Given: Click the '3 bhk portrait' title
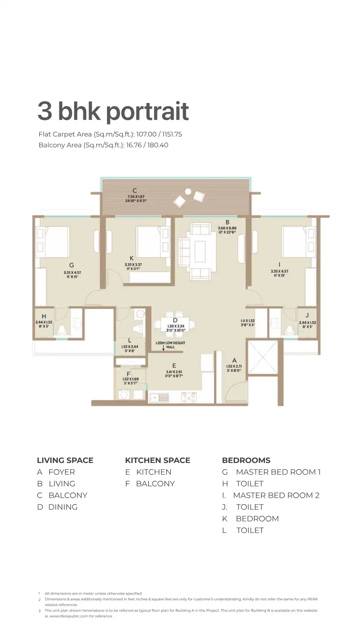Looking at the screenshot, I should [113, 111].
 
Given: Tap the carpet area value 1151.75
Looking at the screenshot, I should [172, 134].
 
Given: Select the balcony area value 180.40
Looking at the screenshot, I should [158, 145].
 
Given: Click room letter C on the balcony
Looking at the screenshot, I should [135, 191].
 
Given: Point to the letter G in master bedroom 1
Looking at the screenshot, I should [71, 265].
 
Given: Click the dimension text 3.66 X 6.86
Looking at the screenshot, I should [227, 228].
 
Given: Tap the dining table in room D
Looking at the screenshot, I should [175, 326].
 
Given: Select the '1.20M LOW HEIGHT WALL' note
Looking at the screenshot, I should [170, 345].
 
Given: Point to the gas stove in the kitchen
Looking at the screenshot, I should [189, 398].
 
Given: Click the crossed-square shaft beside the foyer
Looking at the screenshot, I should [262, 358].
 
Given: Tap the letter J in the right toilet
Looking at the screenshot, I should [307, 316].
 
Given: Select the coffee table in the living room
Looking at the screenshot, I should [200, 251].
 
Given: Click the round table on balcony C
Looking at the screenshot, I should [188, 191].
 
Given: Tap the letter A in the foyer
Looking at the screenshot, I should [234, 360].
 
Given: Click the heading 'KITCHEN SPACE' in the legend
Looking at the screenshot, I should [157, 460].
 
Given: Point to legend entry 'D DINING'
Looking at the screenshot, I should [57, 507].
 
